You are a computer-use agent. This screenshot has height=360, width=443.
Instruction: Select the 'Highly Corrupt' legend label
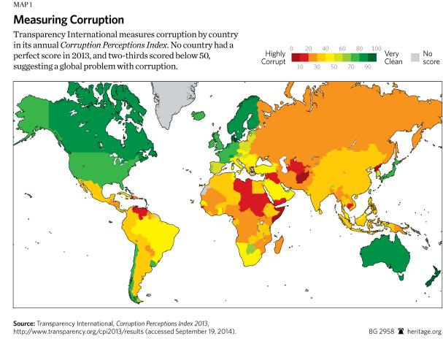click(x=274, y=58)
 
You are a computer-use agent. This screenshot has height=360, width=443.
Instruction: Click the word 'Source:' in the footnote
click(x=24, y=326)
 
